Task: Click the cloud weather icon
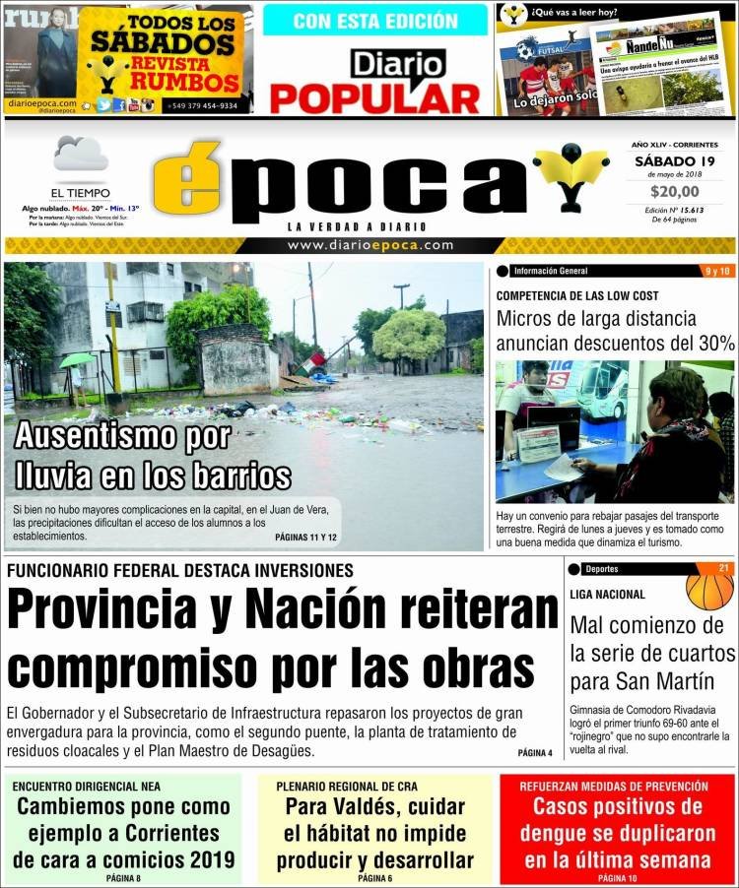click(x=81, y=155)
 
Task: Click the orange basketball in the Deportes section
click(x=709, y=588)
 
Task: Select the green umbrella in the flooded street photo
click(x=77, y=360)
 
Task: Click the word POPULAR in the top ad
click(x=374, y=98)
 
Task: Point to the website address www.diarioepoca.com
click(x=369, y=245)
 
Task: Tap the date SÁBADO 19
click(x=674, y=160)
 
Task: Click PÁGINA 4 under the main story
click(x=535, y=753)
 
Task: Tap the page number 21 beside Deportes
click(x=723, y=568)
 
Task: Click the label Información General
click(x=551, y=271)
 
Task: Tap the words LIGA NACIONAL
click(x=607, y=595)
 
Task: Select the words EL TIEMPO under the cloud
click(x=81, y=193)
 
